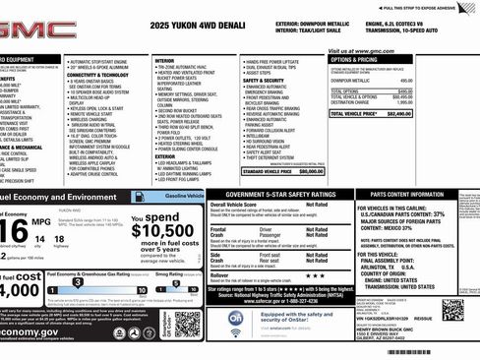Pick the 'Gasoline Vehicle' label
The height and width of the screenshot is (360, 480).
[185, 197]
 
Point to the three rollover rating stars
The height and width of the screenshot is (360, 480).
[310, 275]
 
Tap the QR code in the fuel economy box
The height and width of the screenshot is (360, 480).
[187, 324]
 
